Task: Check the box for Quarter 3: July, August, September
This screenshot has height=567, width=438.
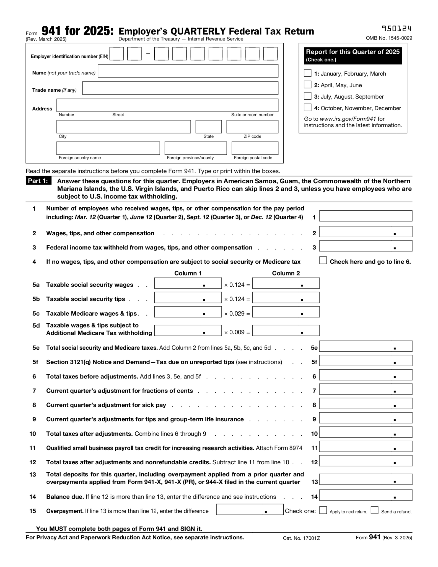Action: point(307,96)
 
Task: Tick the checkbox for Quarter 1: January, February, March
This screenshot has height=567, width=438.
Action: point(307,73)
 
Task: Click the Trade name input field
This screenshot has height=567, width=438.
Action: point(180,88)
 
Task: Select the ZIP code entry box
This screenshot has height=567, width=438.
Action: point(252,127)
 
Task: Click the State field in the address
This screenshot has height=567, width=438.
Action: point(208,127)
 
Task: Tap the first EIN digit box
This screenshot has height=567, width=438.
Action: point(116,54)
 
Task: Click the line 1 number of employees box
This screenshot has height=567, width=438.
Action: point(365,216)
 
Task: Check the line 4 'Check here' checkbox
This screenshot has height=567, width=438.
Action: point(323,261)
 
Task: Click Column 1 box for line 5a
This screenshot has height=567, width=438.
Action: point(188,283)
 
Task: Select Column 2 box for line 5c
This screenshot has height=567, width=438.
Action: point(286,312)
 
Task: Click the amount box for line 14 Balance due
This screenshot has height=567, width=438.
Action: point(365,495)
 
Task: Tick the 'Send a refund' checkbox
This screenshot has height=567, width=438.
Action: point(374,510)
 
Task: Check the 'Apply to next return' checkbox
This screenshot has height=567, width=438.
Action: point(323,510)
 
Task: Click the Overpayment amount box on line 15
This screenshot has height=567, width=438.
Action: point(250,509)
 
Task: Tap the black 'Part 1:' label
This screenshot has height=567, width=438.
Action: point(38,181)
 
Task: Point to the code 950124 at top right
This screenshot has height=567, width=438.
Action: point(396,29)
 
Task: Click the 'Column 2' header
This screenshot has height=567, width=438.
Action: point(286,273)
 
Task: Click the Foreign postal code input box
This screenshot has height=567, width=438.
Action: point(255,148)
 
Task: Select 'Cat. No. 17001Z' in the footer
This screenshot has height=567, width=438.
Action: point(301,538)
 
